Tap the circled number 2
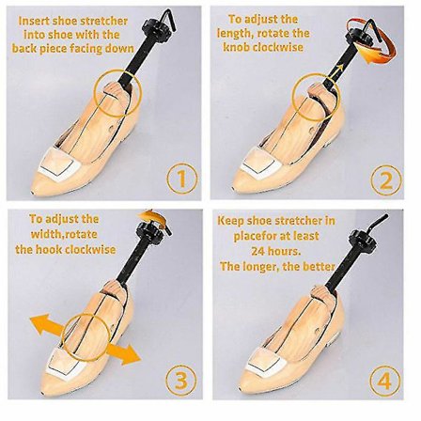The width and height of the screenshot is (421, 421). [x=386, y=180]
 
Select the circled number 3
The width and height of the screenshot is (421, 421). [x=181, y=381]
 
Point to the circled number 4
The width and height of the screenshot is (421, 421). [x=385, y=382]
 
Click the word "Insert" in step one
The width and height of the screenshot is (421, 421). [x=33, y=22]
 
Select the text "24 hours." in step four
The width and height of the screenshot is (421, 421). [x=275, y=251]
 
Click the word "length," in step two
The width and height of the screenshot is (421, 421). [x=235, y=33]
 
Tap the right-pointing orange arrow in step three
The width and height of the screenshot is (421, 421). [x=123, y=352]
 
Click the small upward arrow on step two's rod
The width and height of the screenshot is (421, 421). [x=337, y=70]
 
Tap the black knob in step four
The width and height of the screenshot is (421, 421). [x=362, y=238]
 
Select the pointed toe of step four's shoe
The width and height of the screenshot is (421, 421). [x=240, y=390]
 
